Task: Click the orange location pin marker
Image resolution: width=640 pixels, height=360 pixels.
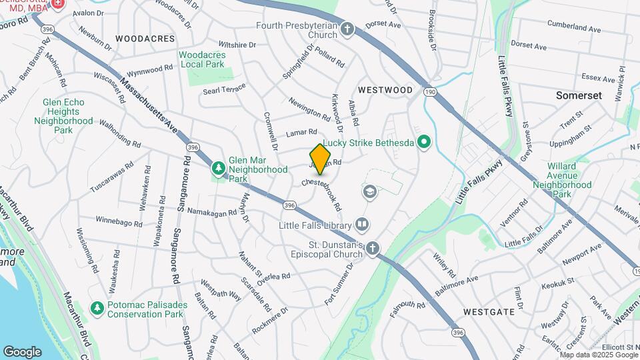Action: coord(321,159)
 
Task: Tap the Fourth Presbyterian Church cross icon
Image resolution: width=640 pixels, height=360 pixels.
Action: coord(347,29)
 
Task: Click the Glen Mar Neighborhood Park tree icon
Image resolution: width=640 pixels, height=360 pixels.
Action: coord(217,167)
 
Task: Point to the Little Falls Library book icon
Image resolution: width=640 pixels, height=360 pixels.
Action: coord(362,224)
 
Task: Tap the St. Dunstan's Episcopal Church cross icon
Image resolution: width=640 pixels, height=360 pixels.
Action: coord(372,249)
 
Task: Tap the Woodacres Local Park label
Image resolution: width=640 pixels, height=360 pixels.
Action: coord(202,59)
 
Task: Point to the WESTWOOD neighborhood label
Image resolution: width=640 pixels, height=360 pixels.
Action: coord(385,89)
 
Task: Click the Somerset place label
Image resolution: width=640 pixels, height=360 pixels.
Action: coord(579,95)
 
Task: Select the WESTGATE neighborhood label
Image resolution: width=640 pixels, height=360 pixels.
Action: coord(489,311)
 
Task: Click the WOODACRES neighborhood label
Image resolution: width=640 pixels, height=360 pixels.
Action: coord(145,39)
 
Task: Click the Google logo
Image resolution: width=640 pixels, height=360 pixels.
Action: coord(22,351)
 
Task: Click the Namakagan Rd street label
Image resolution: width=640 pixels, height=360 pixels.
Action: coord(212,212)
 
